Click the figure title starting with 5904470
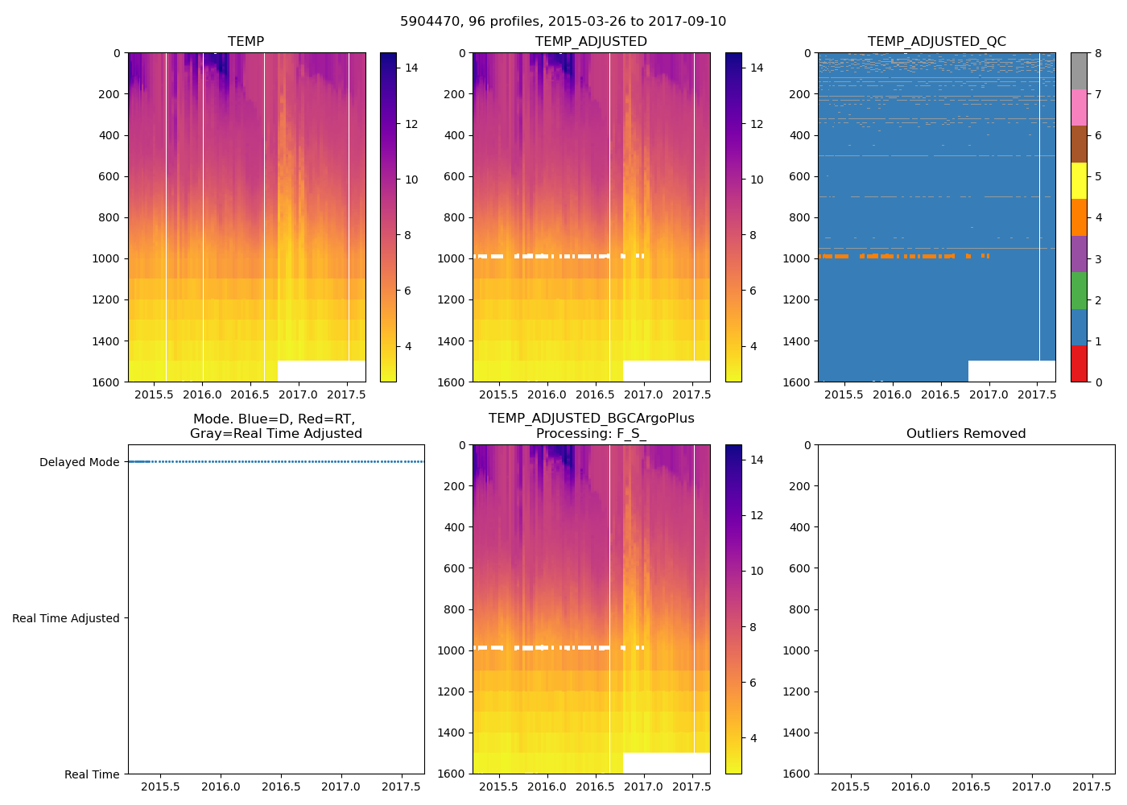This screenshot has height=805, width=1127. tap(563, 22)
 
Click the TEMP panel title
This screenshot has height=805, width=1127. tap(246, 41)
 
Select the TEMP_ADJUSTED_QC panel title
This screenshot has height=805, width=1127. tap(936, 41)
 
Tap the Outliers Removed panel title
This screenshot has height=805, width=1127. tap(966, 433)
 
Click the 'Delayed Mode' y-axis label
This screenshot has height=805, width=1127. tap(79, 462)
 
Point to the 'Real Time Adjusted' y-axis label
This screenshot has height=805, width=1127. tap(66, 618)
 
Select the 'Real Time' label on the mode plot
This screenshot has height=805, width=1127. tap(92, 774)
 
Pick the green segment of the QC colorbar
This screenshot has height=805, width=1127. tap(1079, 291)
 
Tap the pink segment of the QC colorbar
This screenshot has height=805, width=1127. tap(1079, 108)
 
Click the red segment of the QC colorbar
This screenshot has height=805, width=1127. tap(1079, 363)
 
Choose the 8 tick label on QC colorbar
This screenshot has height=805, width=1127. tap(1099, 53)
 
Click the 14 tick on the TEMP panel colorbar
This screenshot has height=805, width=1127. tap(411, 68)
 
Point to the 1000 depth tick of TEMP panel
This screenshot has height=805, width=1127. tap(107, 258)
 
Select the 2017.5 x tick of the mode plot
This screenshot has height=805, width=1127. tap(402, 786)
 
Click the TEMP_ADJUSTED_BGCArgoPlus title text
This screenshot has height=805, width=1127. tap(591, 419)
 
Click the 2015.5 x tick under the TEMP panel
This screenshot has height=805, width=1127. tap(154, 394)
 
